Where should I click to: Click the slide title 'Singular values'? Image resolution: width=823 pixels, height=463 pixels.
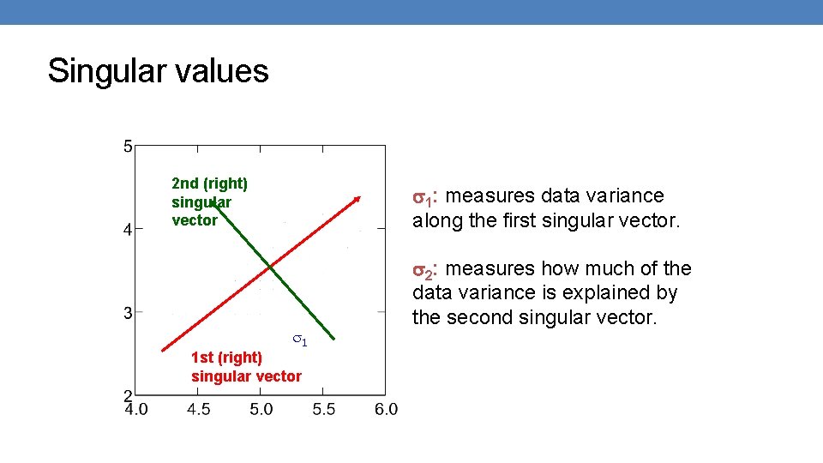[158, 70]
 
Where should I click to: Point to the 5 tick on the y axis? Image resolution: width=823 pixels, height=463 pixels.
[128, 147]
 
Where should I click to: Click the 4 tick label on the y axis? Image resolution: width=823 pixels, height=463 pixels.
[128, 230]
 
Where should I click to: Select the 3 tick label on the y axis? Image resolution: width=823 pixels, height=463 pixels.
[128, 313]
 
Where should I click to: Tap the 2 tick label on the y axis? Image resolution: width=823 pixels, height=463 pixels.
[128, 395]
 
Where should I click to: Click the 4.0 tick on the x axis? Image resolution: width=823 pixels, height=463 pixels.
[136, 410]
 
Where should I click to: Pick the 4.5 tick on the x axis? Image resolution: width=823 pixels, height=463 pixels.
[199, 410]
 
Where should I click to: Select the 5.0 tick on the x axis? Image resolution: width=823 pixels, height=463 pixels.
[261, 410]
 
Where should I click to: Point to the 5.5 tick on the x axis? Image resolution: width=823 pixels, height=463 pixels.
[324, 410]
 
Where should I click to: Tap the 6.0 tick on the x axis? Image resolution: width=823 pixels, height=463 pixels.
[386, 410]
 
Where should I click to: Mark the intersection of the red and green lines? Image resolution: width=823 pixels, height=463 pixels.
[268, 268]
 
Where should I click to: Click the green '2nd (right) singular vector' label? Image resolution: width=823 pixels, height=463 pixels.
[209, 201]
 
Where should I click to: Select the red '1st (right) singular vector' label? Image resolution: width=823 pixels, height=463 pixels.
[246, 366]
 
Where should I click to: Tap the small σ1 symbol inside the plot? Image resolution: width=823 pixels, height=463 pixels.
[299, 340]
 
